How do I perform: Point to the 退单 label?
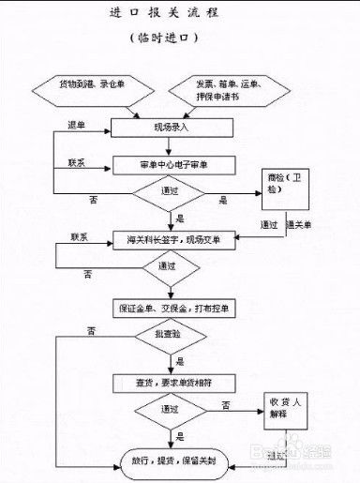point(76,124)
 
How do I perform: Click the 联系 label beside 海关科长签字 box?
point(78,235)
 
